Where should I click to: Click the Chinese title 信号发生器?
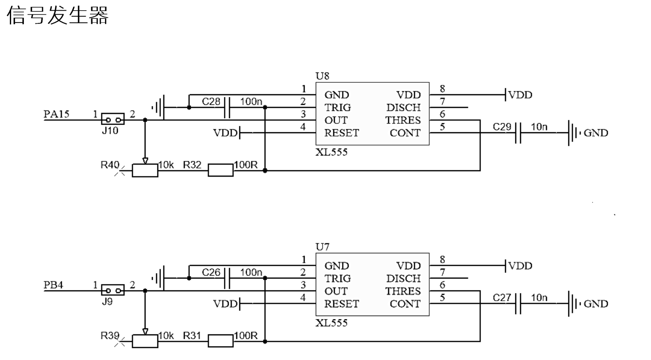pyautogui.click(x=58, y=15)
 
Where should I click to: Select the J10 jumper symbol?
pyautogui.click(x=113, y=119)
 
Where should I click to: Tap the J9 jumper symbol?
pyautogui.click(x=113, y=290)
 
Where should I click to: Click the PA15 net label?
pyautogui.click(x=56, y=114)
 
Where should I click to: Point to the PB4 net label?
pyautogui.click(x=53, y=285)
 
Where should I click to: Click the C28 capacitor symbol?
pyautogui.click(x=227, y=107)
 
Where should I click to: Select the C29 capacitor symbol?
pyautogui.click(x=518, y=133)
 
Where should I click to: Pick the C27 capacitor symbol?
pyautogui.click(x=518, y=304)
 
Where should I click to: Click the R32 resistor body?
pyautogui.click(x=221, y=170)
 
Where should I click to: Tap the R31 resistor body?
pyautogui.click(x=221, y=341)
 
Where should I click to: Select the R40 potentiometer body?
pyautogui.click(x=145, y=170)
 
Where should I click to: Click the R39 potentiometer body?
pyautogui.click(x=145, y=341)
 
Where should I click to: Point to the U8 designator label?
pyautogui.click(x=323, y=76)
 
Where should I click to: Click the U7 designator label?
pyautogui.click(x=323, y=247)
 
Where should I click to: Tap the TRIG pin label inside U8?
pyautogui.click(x=338, y=107)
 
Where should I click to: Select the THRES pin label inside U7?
pyautogui.click(x=403, y=291)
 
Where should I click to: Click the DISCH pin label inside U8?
pyautogui.click(x=404, y=107)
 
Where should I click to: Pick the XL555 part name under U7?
pyautogui.click(x=331, y=323)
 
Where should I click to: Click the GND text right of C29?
pyautogui.click(x=596, y=133)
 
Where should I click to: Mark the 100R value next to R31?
pyautogui.click(x=246, y=336)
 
